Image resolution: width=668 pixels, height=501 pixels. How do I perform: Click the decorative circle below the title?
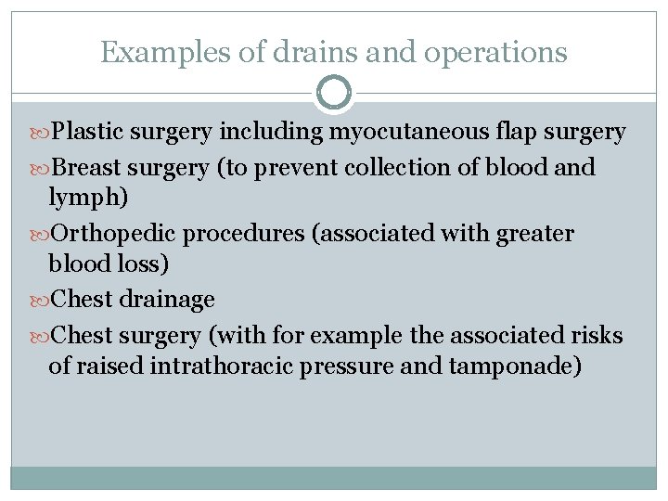[x=334, y=93]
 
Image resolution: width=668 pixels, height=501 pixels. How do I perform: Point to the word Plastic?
[x=88, y=133]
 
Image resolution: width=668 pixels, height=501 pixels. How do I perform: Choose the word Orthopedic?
[x=114, y=234]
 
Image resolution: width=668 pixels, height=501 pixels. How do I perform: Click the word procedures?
[x=244, y=234]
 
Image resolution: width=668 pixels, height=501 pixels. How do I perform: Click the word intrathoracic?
[x=233, y=366]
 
